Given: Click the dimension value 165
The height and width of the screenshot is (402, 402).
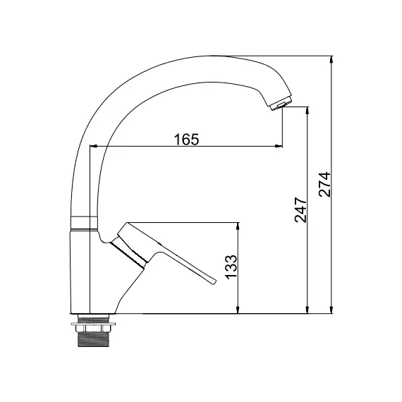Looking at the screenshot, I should coord(186,139).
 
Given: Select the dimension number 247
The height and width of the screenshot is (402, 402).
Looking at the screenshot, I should coord(299,210).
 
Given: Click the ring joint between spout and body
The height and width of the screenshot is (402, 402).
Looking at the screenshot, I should coord(83,224).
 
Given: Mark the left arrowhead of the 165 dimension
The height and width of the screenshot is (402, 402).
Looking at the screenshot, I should coord(92,147).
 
